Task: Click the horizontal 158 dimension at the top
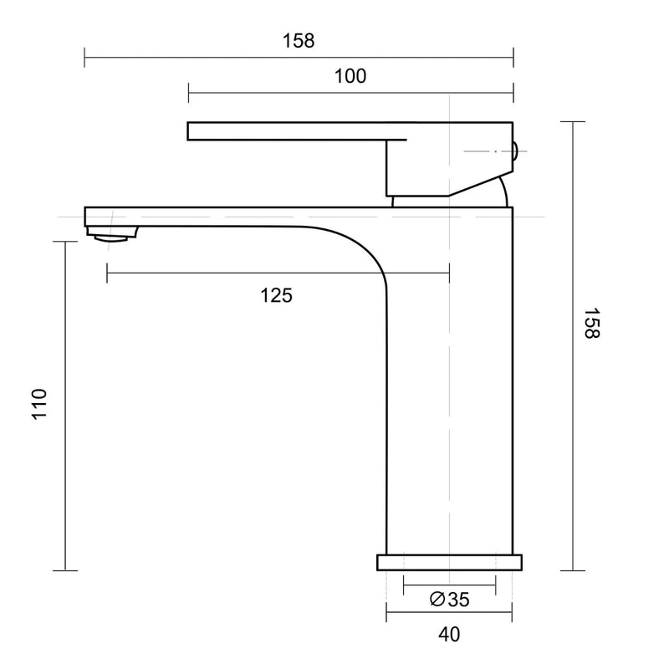coord(299,41)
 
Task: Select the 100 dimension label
coord(350,76)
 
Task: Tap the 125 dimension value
coord(276,294)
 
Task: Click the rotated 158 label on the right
coord(592,323)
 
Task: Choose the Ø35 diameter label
coord(449,599)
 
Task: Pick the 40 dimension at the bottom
coord(449,635)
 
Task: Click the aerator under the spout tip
coord(113,234)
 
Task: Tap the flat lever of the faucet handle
coord(284,131)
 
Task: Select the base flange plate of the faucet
coord(449,562)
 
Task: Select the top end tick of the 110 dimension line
coord(64,241)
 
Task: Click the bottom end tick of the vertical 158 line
coord(572,570)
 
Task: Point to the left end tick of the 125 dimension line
coord(107,273)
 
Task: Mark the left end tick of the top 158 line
coord(84,58)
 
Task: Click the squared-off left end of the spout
coord(87,215)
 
